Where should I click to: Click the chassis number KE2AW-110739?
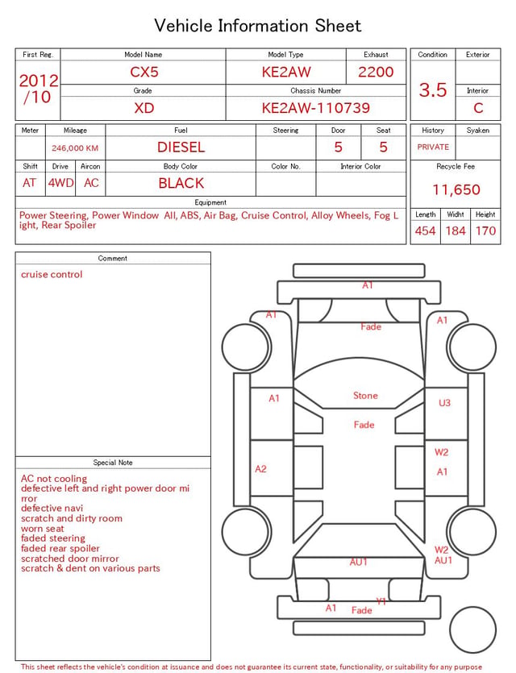tap(316, 108)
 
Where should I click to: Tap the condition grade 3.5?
tap(433, 89)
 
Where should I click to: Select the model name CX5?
tap(144, 72)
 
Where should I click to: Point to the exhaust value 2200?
tap(376, 72)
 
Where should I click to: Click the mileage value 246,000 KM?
tap(75, 148)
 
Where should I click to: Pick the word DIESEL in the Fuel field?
tap(181, 147)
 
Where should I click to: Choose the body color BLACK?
tap(181, 183)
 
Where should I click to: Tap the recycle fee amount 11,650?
tap(456, 189)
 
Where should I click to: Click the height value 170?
tap(485, 231)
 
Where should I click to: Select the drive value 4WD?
tap(60, 183)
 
